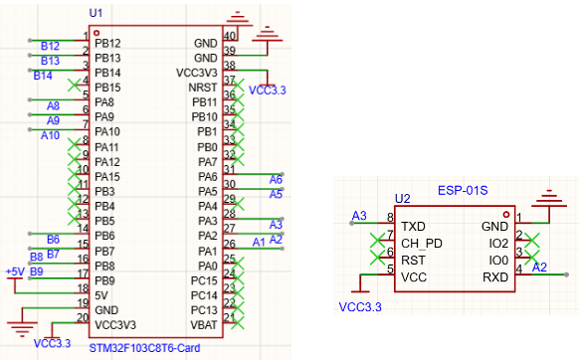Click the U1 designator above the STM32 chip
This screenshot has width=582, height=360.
point(96,13)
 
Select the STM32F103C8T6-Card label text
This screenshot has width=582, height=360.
point(145,348)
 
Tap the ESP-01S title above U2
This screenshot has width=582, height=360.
point(463,190)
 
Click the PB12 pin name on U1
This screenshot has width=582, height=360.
point(107,44)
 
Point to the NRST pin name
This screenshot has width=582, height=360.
point(203,88)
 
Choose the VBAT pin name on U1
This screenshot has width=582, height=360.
point(204,325)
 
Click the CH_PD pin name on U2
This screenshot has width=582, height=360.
point(422,244)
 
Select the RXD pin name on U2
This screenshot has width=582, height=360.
point(495,277)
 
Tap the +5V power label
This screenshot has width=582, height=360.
point(15,271)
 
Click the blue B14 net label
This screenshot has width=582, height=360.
point(43,76)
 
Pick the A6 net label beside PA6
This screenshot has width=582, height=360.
point(276,180)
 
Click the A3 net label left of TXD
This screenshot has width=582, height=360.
point(359,216)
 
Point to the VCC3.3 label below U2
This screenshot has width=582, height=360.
point(360,307)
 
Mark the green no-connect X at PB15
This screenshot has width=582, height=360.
point(75,85)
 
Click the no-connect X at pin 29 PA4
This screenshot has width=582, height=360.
point(238,204)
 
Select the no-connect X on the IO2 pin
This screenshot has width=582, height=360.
point(532,240)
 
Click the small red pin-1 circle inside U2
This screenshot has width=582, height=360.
point(506,215)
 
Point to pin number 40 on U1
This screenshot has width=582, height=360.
point(230,36)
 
